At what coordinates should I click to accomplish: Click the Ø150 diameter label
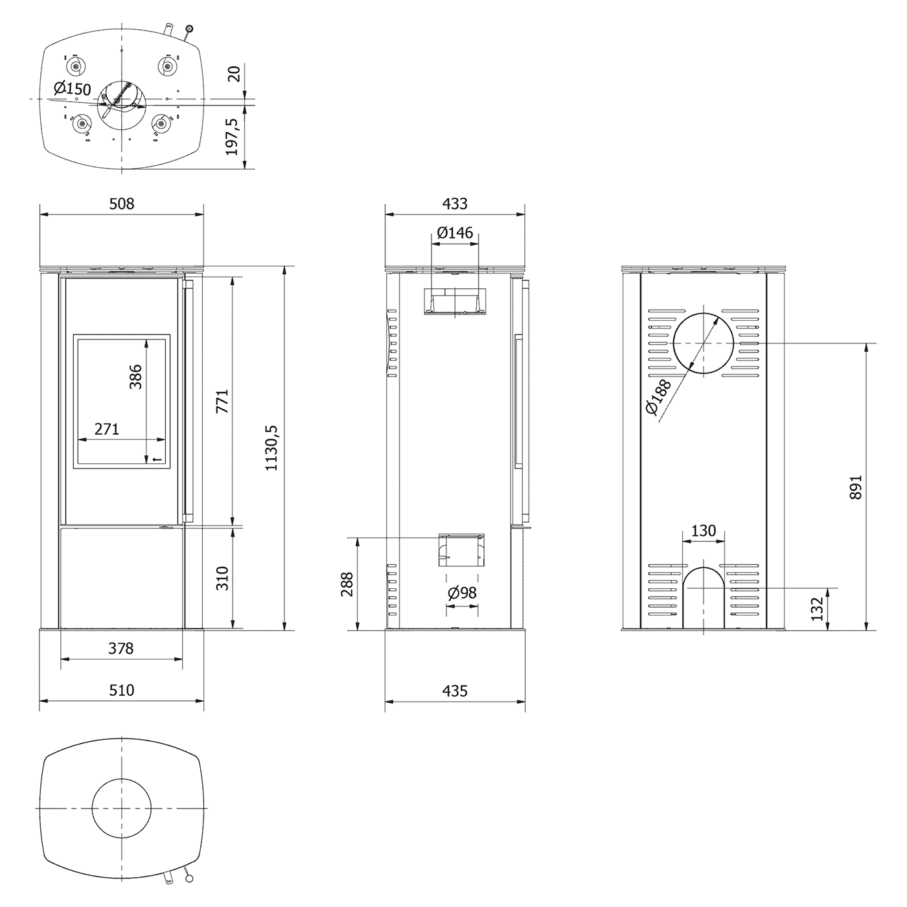tap(72, 89)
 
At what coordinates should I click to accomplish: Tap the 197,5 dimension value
tap(232, 137)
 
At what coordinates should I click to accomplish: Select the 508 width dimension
tap(122, 204)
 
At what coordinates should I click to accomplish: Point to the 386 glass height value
tap(135, 376)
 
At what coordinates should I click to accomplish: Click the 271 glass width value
tap(107, 430)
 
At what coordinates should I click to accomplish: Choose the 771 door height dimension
tap(222, 401)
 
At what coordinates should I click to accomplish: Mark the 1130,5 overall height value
tap(271, 448)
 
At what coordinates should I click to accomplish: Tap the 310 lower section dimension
tap(222, 579)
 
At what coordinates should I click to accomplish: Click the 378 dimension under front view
tap(121, 649)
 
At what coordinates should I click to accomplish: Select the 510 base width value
tap(122, 690)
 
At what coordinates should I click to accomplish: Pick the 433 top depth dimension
tap(455, 204)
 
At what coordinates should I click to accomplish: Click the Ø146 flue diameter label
tap(455, 233)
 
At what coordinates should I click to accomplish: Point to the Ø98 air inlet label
tap(462, 593)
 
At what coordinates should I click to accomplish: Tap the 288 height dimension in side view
tap(347, 584)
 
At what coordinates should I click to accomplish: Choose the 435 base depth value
tap(455, 691)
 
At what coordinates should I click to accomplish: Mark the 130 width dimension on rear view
tap(704, 531)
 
